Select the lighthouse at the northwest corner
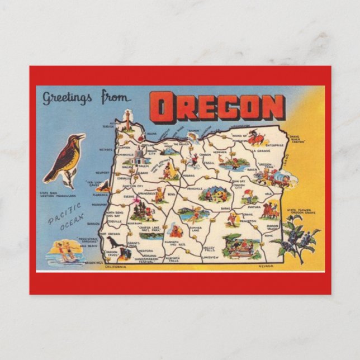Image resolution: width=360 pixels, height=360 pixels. click(128, 120)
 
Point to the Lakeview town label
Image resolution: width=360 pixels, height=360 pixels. click(210, 257)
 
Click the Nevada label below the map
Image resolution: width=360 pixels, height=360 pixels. click(266, 266)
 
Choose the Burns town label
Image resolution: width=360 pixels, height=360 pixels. click(225, 208)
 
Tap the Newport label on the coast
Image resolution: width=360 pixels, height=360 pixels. click(102, 173)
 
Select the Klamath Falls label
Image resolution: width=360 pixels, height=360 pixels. click(172, 258)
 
